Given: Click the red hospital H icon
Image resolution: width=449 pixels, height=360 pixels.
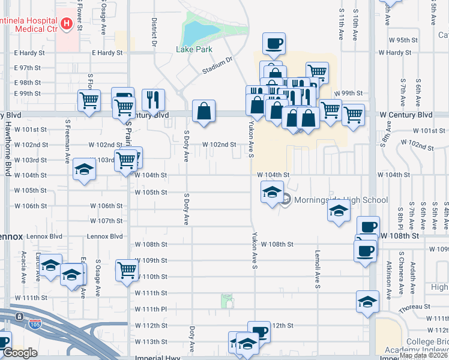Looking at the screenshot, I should pos(67,24).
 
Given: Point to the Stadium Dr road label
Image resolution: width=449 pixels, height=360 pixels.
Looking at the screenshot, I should pos(217,65).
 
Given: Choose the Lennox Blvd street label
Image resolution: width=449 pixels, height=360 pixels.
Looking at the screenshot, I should pos(104,236).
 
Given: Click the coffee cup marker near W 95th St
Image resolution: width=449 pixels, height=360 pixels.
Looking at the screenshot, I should pos(274,43).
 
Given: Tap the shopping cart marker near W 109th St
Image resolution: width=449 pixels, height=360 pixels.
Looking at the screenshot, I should pos(127,270).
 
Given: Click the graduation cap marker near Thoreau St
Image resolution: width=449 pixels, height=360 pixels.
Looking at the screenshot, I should pos(367,301).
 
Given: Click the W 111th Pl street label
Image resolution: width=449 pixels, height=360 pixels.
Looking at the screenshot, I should pos(151,309).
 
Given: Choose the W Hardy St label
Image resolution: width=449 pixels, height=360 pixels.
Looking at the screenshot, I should pos(403,53).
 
